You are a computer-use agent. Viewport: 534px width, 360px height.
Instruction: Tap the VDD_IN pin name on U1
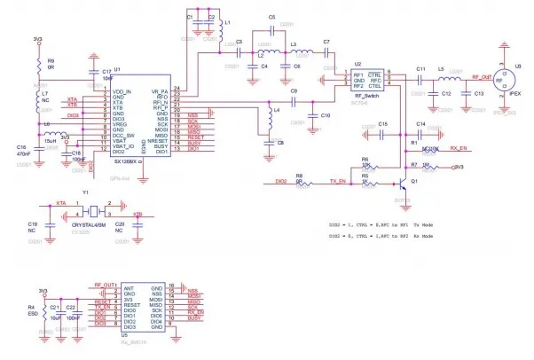tap(122, 92)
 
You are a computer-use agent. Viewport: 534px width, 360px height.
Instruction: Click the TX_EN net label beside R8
tap(337, 181)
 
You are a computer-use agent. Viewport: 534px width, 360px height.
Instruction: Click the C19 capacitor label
tap(33, 223)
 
